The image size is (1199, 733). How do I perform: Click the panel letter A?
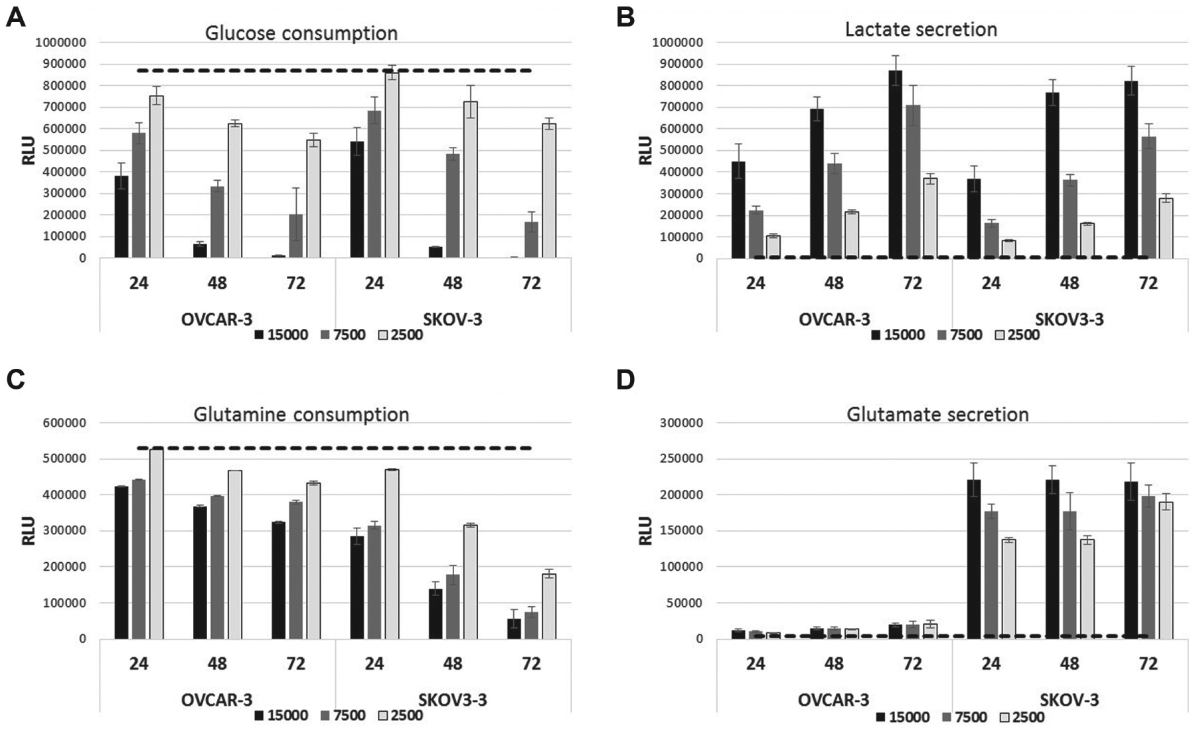click(x=15, y=17)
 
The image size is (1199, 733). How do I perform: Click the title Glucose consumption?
click(x=301, y=33)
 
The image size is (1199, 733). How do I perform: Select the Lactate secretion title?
click(x=921, y=29)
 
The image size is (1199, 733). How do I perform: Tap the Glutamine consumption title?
click(x=301, y=415)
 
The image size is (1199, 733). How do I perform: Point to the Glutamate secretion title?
click(x=937, y=415)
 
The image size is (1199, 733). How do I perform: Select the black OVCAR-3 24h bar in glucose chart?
click(x=121, y=217)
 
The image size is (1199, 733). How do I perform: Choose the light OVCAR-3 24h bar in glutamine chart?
click(x=156, y=544)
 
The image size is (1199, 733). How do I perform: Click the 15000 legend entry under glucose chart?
click(x=281, y=335)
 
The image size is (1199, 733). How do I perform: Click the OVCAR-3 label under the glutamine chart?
click(x=217, y=700)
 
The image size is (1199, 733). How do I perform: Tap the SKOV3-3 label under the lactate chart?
click(x=1070, y=319)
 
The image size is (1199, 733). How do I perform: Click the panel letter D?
click(x=626, y=379)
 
